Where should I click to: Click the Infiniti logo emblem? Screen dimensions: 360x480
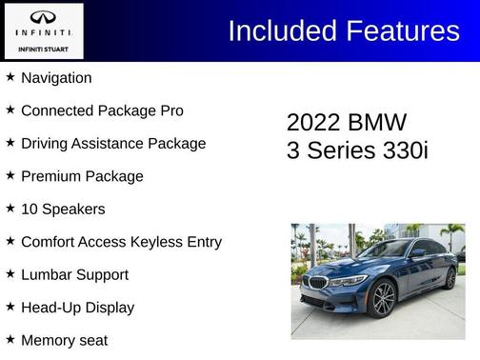(x=43, y=18)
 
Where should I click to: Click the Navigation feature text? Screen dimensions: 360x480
(x=56, y=78)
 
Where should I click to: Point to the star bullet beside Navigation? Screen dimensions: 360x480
(x=10, y=77)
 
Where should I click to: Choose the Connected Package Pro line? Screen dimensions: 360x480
(x=102, y=110)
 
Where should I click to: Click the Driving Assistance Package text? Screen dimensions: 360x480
(x=113, y=144)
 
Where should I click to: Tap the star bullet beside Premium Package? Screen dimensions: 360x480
(x=10, y=175)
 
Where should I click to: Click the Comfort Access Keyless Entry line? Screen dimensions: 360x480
(x=121, y=242)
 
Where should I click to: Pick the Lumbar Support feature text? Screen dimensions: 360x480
(x=74, y=274)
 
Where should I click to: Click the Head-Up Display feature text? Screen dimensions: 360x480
(x=77, y=308)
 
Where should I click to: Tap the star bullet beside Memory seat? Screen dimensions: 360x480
(x=10, y=339)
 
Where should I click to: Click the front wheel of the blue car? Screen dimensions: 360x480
(x=384, y=298)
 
